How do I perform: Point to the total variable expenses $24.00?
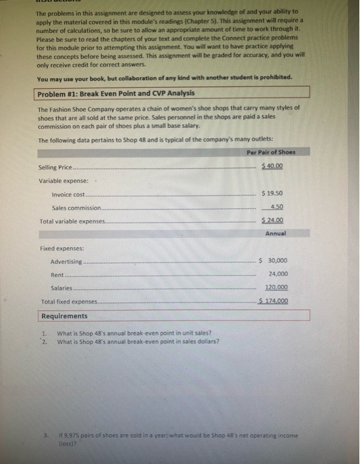click(x=273, y=220)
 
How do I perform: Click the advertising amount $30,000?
click(x=272, y=261)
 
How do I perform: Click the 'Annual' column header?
click(x=275, y=233)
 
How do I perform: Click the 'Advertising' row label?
click(x=66, y=262)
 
